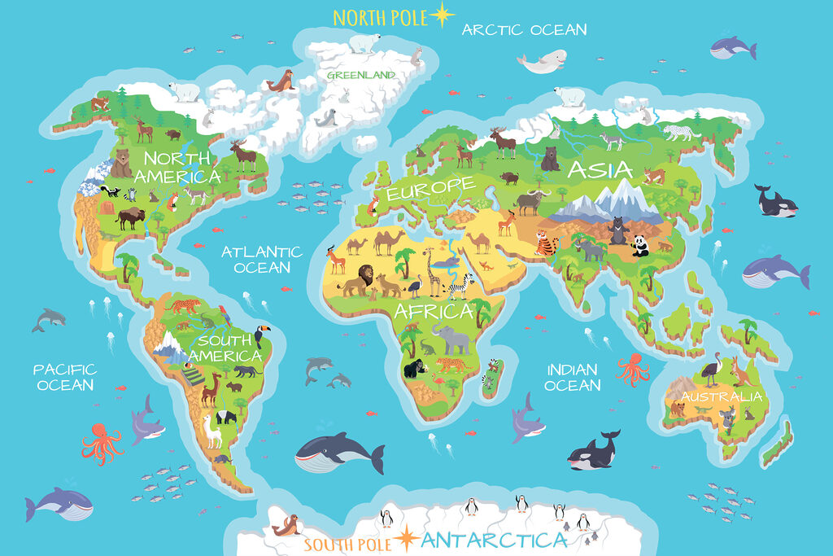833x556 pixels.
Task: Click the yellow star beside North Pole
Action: [443, 15]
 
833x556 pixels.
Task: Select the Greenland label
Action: [361, 75]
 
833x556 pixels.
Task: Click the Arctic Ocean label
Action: [524, 30]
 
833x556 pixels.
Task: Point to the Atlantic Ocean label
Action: [262, 260]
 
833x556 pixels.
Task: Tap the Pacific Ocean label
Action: [65, 377]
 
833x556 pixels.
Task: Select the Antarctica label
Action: [495, 540]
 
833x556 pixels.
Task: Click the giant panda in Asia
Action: [641, 245]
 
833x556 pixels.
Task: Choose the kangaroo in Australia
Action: [740, 372]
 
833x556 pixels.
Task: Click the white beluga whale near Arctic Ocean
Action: [540, 62]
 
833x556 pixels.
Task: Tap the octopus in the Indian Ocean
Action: [633, 370]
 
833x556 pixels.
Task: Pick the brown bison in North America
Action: [130, 217]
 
